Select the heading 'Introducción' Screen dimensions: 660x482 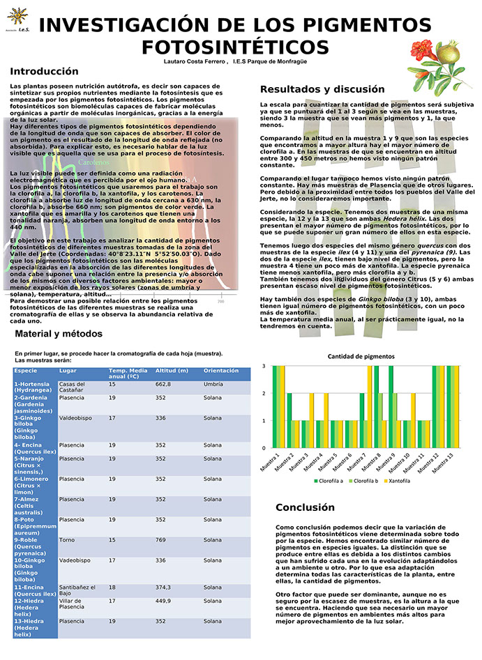coord(44,71)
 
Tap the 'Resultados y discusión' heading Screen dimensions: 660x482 coord(322,89)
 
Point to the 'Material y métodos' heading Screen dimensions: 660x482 coord(59,334)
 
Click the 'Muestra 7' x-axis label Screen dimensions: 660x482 coord(362,463)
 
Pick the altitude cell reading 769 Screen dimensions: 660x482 coord(163,540)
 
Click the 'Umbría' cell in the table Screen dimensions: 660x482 coord(213,384)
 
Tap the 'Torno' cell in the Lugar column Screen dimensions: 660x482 coord(67,540)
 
